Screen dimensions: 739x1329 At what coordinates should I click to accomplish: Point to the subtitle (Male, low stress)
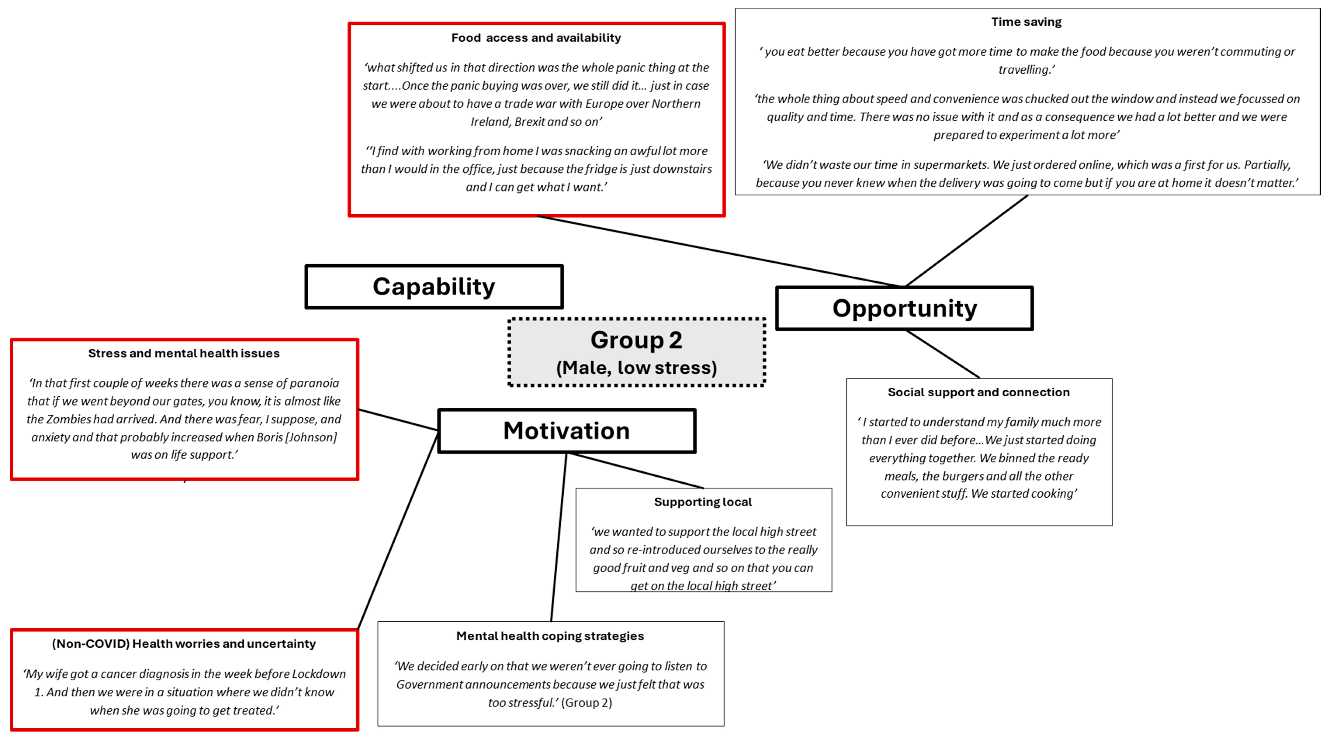coord(636,368)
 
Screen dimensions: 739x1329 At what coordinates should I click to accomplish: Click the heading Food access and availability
coord(536,38)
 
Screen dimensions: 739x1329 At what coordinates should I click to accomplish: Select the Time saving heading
coord(1026,22)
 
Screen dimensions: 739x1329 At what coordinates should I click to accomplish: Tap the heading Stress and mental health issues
coord(184,353)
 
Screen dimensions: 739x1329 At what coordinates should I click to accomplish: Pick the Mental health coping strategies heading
coord(550,636)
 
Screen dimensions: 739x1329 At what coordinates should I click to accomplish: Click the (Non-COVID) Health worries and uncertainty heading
coord(184,643)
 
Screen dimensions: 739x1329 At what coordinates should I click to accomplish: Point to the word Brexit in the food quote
coord(529,122)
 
